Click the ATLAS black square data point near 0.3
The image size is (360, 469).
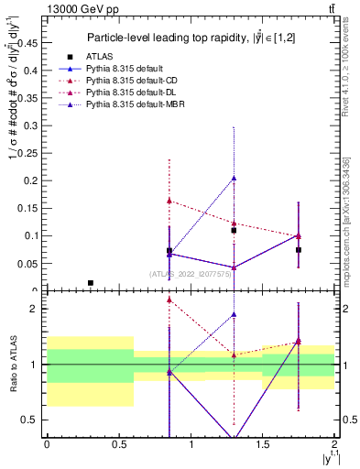pos(90,283)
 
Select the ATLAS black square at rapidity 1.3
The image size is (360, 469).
pos(235,230)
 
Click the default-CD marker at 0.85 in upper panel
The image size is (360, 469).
pos(169,200)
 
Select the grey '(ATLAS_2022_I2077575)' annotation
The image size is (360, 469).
pos(190,274)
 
